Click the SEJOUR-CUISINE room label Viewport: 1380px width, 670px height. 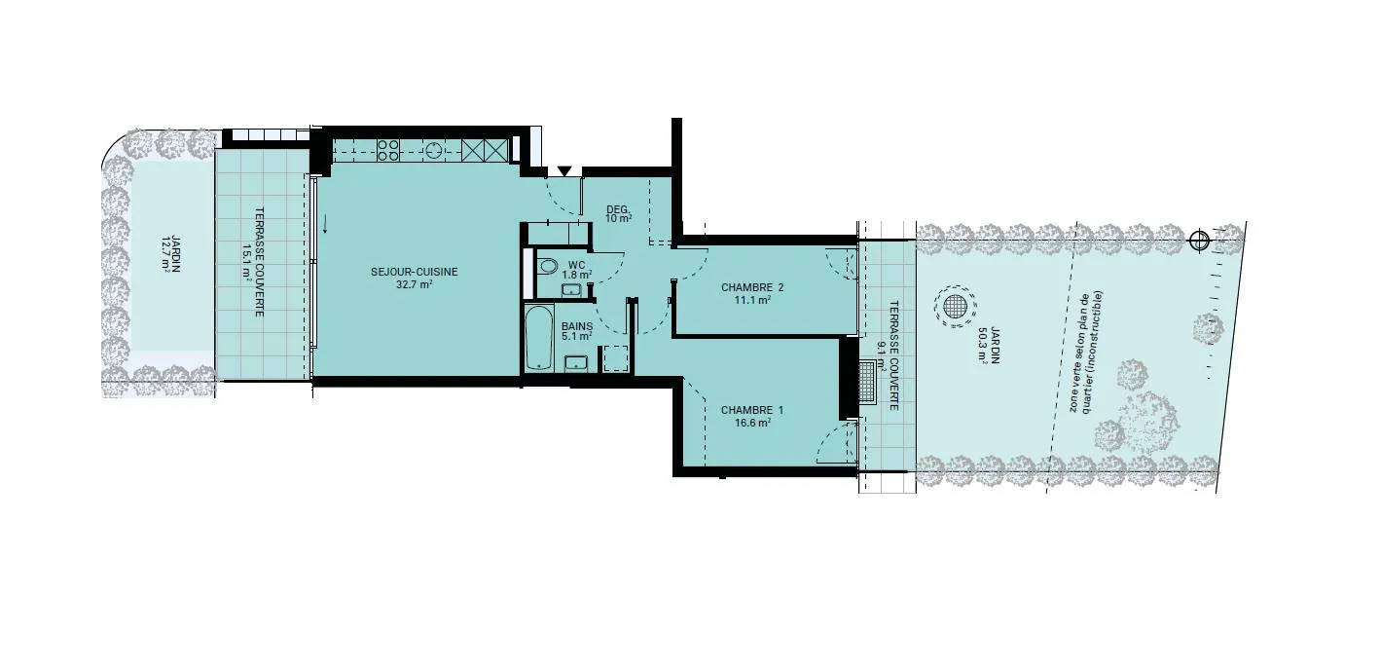(x=414, y=271)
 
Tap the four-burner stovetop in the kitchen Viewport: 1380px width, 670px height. (x=388, y=150)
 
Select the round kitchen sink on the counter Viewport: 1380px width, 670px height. (x=434, y=150)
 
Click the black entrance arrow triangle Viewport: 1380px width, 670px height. (x=564, y=170)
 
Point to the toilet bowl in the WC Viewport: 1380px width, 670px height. (x=547, y=267)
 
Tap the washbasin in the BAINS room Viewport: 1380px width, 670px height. (x=576, y=363)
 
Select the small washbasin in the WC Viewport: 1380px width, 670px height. (x=571, y=289)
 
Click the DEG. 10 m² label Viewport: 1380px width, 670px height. (x=619, y=213)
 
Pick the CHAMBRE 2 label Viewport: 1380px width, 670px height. (x=752, y=287)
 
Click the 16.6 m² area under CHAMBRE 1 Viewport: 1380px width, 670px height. (x=752, y=423)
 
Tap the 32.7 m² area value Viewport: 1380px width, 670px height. (x=414, y=284)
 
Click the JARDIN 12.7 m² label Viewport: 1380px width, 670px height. (x=170, y=253)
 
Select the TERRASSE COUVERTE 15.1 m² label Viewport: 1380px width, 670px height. (x=253, y=262)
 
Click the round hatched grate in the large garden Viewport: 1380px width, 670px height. (x=955, y=307)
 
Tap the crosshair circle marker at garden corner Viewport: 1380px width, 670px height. (x=1199, y=241)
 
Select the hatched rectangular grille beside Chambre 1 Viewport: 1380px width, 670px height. (x=867, y=382)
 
